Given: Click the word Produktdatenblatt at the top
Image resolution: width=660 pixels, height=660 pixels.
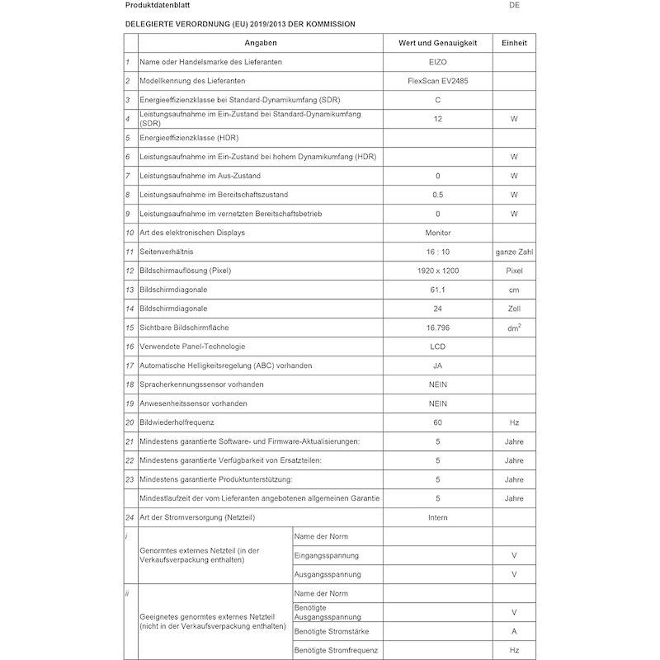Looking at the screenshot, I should (x=157, y=6).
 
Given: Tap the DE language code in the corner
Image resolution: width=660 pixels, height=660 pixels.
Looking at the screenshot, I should (x=515, y=6).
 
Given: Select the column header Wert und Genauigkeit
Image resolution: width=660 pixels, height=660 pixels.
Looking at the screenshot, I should (x=437, y=43).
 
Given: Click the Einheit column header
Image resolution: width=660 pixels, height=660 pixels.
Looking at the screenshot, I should (x=514, y=43).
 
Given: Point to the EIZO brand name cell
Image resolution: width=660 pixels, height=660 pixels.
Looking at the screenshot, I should (x=437, y=62).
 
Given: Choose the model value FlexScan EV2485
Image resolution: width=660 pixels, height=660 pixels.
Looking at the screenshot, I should (x=437, y=81).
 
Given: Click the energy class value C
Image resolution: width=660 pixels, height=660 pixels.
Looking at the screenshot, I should (x=437, y=100).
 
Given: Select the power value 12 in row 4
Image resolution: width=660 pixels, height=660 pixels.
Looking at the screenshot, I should (x=437, y=119).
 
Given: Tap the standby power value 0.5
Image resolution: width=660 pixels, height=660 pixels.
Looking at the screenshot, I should (x=437, y=195).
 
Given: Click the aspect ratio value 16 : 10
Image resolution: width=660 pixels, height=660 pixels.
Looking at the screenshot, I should (x=437, y=252).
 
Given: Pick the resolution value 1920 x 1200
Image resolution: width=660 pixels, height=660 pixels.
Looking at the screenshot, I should (x=437, y=271).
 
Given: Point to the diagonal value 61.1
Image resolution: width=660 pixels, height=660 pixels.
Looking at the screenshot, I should (x=437, y=290).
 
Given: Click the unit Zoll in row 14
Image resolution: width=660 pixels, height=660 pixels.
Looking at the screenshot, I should (x=514, y=309).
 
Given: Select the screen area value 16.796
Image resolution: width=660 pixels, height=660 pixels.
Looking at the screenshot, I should (x=437, y=328).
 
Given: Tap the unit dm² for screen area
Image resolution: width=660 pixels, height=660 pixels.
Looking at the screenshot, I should (x=514, y=328).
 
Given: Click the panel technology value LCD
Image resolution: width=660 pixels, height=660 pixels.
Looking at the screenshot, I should (x=437, y=346).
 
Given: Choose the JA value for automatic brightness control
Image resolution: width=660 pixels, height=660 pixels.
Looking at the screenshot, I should (x=437, y=365).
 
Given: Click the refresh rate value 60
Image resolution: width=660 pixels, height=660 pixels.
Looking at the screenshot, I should (x=437, y=422).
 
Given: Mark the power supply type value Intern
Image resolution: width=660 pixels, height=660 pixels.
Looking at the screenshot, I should (x=437, y=517).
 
